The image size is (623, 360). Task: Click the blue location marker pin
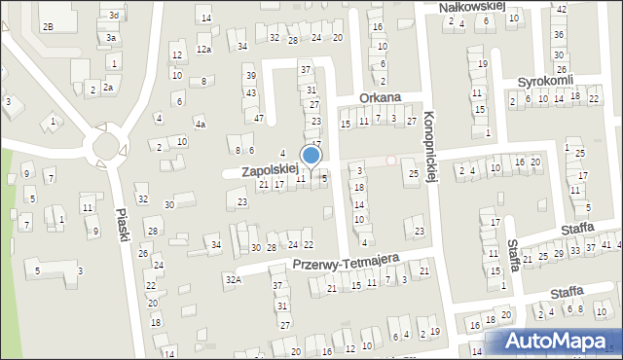click(311, 156)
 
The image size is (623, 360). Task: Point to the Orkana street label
click(380, 97)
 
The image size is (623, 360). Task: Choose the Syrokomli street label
click(546, 80)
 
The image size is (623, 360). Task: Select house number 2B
click(48, 26)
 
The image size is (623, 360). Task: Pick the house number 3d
click(114, 16)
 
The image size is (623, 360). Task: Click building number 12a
click(203, 49)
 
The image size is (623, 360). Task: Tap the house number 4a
click(200, 125)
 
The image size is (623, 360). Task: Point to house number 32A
click(233, 280)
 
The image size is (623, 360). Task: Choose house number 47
click(259, 118)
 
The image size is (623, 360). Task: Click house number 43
click(251, 93)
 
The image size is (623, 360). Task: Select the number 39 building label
click(251, 76)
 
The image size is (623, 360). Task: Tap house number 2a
click(109, 88)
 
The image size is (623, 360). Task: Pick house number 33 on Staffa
click(575, 251)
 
